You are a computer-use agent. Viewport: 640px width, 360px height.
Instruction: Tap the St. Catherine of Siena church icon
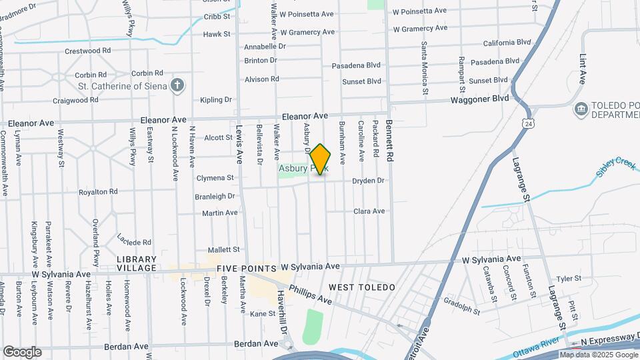point(177,85)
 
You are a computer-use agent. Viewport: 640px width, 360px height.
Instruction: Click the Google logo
point(22,352)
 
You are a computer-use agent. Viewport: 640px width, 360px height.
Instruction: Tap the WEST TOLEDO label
point(362,287)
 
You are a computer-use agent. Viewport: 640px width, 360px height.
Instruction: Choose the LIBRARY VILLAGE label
point(137,263)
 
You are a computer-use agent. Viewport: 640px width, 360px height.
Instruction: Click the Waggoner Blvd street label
point(479,99)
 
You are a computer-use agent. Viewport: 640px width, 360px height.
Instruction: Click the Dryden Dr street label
point(369,181)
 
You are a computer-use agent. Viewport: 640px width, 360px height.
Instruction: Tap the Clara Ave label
point(369,211)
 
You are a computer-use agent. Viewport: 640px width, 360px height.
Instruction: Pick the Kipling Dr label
point(216,100)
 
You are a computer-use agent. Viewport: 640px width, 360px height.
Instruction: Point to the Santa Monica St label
point(424,67)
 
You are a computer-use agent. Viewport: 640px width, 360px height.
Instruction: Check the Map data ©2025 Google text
point(599,354)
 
